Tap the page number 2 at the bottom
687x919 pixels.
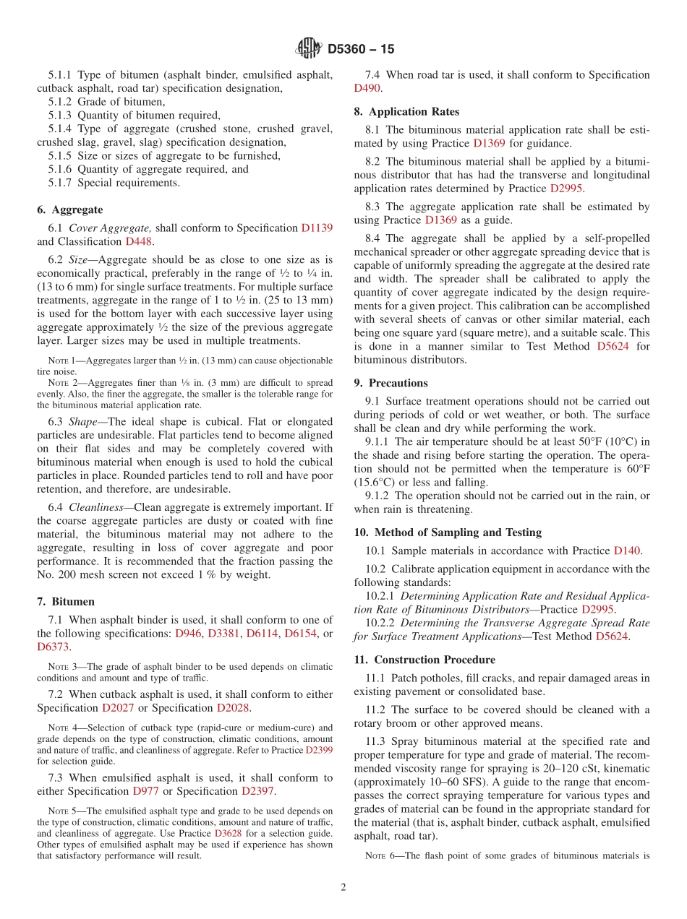343,887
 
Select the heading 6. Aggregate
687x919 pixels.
70,210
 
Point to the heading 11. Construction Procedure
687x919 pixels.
424,660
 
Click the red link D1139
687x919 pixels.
317,228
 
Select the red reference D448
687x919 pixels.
139,241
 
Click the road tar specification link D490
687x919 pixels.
367,88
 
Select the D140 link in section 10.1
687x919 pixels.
627,551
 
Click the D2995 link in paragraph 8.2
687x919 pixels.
566,188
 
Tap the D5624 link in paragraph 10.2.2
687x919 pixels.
612,637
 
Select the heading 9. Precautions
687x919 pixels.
391,383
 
